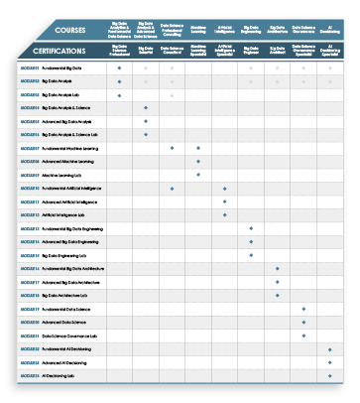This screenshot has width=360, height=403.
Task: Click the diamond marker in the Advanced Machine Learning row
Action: click(198, 161)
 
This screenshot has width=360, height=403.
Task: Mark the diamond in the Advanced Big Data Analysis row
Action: click(146, 121)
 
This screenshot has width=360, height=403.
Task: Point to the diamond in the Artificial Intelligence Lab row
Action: click(225, 214)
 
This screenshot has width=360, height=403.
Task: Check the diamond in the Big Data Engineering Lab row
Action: click(251, 255)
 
